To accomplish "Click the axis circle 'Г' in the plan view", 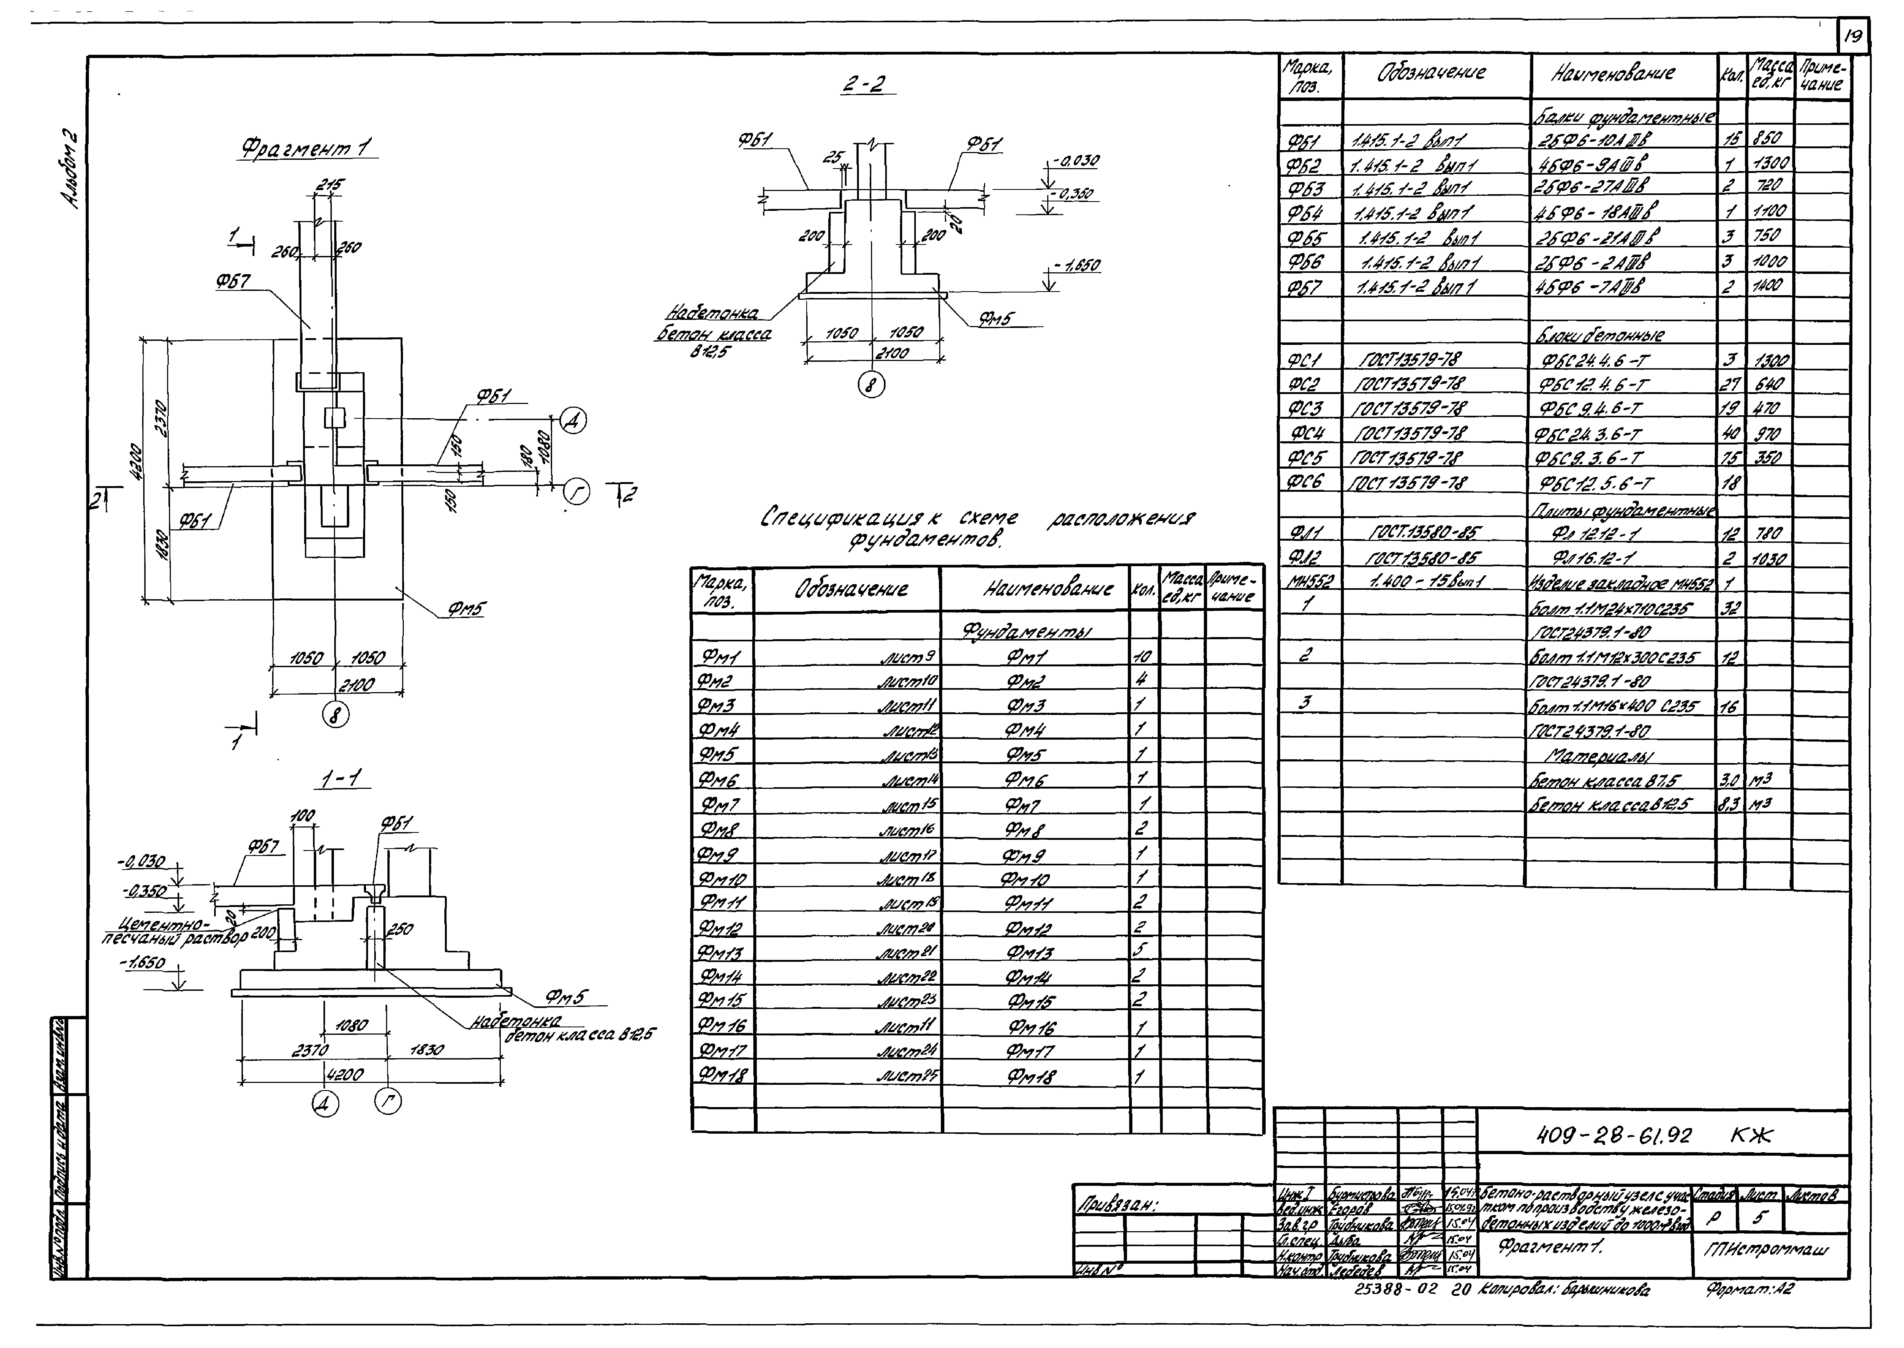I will (x=576, y=493).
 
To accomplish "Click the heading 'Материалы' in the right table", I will (x=1599, y=756).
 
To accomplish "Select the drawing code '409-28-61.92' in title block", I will (x=1613, y=1136).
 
